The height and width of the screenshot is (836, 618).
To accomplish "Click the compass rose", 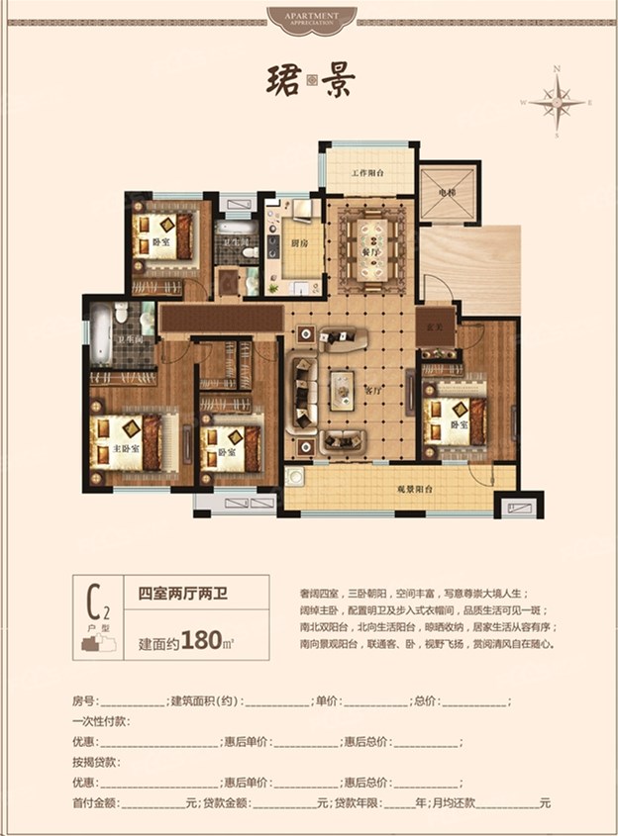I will pos(559,101).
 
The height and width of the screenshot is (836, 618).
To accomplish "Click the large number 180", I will pos(201,640).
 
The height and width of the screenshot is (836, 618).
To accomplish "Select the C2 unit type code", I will pos(98,600).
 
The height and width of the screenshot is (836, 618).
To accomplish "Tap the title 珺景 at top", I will pos(310,81).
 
